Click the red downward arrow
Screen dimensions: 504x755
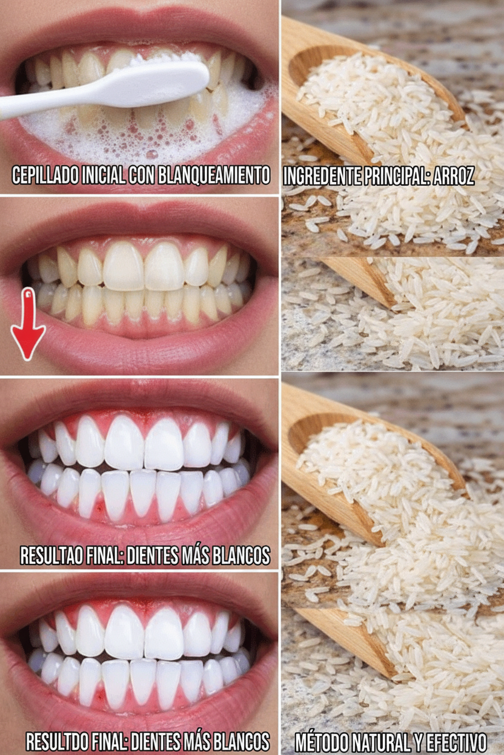pyautogui.click(x=28, y=324)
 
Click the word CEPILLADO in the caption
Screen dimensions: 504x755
pyautogui.click(x=45, y=175)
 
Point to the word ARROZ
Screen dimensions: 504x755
pyautogui.click(x=453, y=175)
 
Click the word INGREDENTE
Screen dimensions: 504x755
pyautogui.click(x=322, y=175)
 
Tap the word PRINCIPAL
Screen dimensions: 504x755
pyautogui.click(x=397, y=175)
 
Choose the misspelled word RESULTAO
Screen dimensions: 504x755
pyautogui.click(x=51, y=555)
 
